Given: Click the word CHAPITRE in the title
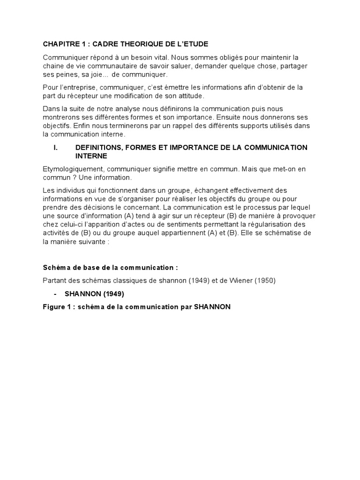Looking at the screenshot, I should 60,44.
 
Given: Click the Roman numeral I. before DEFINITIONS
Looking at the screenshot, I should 56,147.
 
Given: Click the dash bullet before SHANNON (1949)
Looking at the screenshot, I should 55,294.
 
